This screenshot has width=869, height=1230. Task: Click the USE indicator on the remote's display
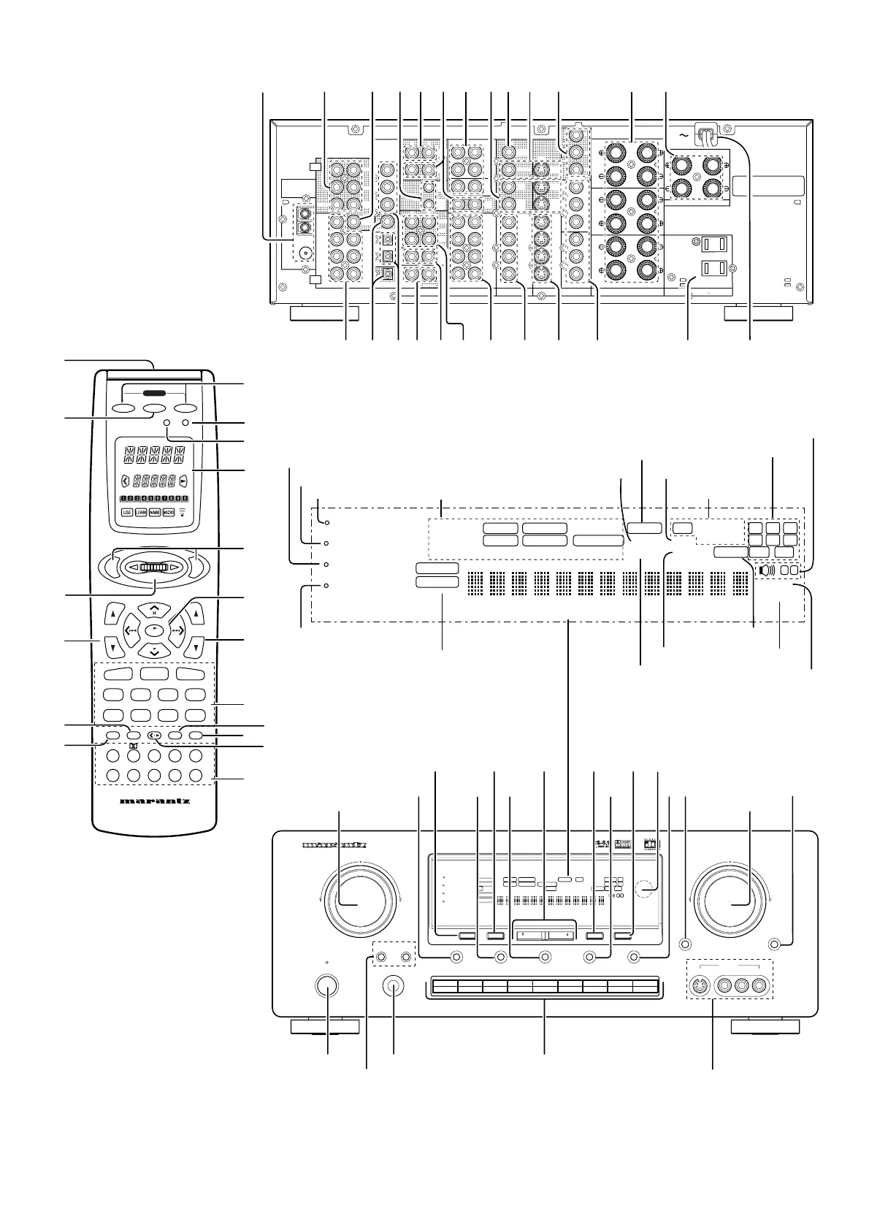pyautogui.click(x=128, y=512)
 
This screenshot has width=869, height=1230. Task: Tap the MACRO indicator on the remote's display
pyautogui.click(x=168, y=512)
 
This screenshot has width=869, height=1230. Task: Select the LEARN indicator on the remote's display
pyautogui.click(x=141, y=512)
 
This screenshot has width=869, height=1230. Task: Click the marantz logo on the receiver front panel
pyautogui.click(x=334, y=847)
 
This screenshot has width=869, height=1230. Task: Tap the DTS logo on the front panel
pyautogui.click(x=648, y=844)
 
